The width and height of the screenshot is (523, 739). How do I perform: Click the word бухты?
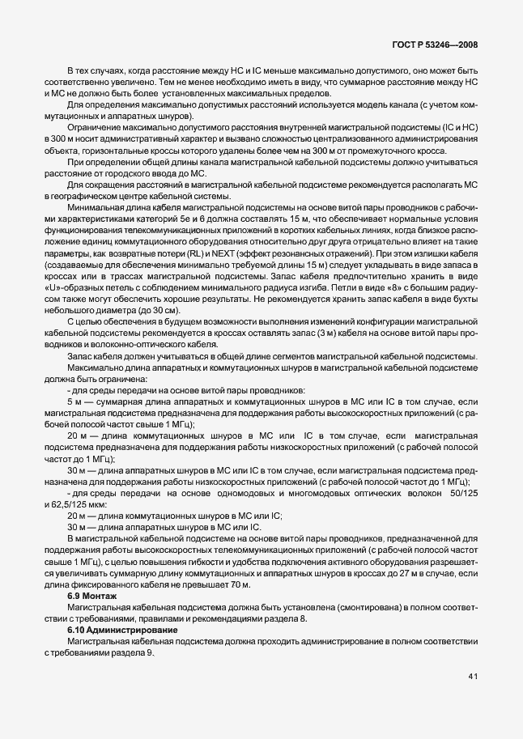click(x=462, y=299)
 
